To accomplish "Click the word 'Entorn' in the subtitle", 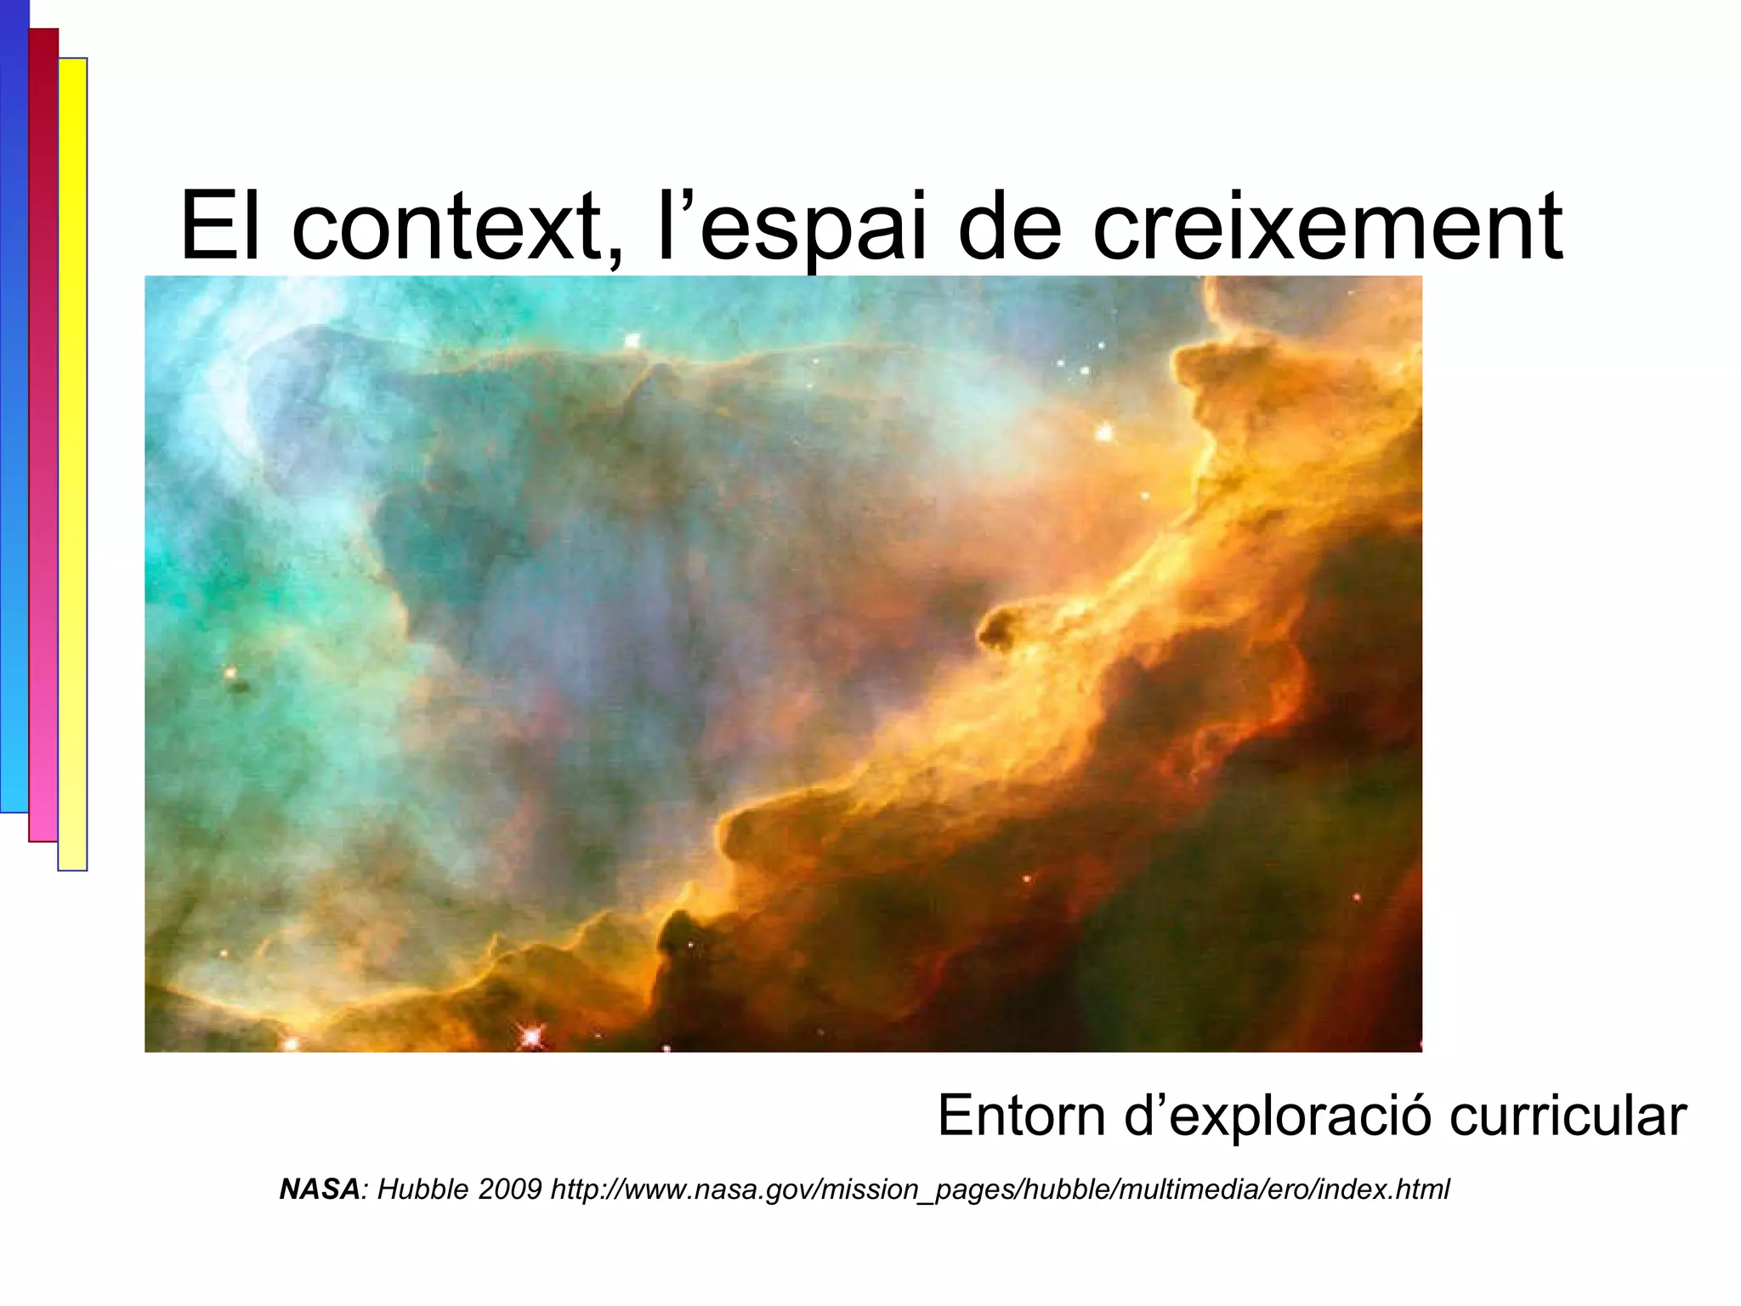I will click(1021, 1116).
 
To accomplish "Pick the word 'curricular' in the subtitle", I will click(1568, 1116).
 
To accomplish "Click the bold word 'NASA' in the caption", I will click(320, 1189).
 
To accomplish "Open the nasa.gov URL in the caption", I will click(1000, 1189).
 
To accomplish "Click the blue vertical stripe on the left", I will click(14, 408).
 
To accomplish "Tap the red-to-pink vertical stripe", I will click(43, 434).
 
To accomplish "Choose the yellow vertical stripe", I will click(72, 463).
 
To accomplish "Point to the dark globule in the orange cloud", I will click(1000, 629).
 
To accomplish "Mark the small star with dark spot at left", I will click(232, 676).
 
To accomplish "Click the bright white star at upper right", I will click(1104, 432).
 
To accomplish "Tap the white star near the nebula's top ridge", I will click(632, 341).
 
